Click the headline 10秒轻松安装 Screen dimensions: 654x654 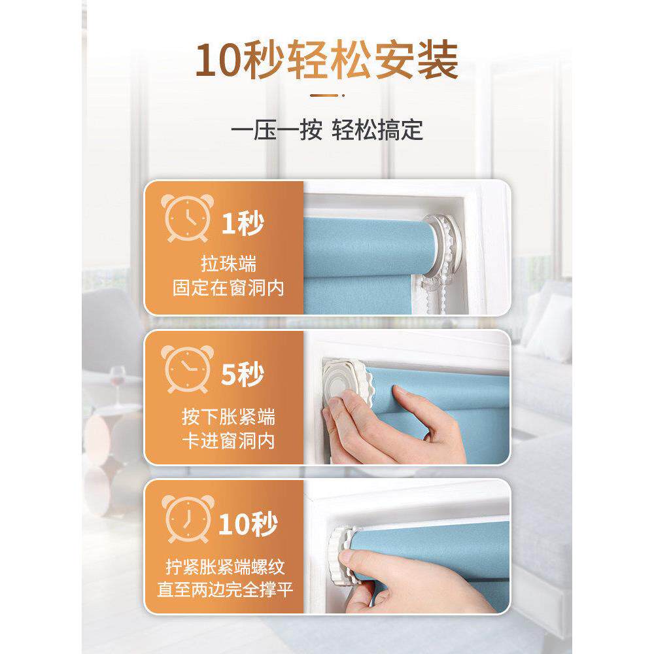point(327,60)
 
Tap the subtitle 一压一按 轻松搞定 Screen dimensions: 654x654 point(327,129)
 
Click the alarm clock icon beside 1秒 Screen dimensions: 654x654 point(187,218)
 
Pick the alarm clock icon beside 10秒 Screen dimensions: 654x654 point(188,519)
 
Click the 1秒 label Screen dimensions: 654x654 point(243,224)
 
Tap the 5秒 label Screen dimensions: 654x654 point(243,374)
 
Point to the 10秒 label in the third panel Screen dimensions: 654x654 point(248,524)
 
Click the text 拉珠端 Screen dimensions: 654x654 point(228,264)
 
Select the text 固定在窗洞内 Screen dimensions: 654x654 point(228,288)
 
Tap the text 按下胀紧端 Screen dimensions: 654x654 point(228,417)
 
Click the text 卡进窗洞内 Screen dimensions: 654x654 point(228,440)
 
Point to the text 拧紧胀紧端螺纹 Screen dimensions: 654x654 point(225,566)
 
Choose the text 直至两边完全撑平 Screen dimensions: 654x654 point(225,590)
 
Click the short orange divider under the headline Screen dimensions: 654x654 point(327,95)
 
